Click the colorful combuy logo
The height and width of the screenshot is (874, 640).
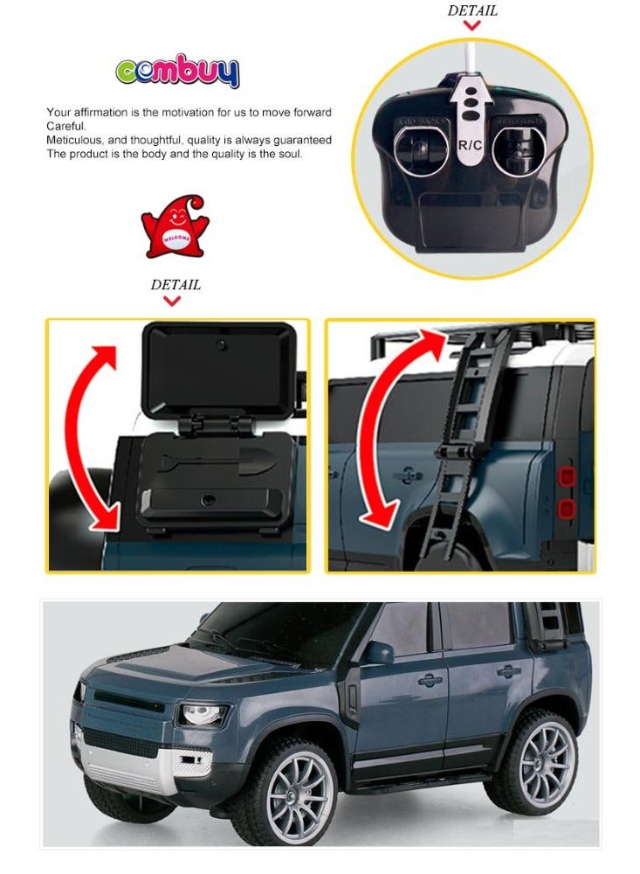(x=177, y=72)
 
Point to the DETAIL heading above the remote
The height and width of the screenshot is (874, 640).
(x=472, y=10)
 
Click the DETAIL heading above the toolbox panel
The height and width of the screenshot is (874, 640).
(x=175, y=284)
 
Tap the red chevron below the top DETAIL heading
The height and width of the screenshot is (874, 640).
(x=472, y=25)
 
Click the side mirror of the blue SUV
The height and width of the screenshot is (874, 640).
(x=379, y=653)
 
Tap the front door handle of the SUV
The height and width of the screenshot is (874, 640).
(x=430, y=680)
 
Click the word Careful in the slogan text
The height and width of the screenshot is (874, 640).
(x=66, y=126)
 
